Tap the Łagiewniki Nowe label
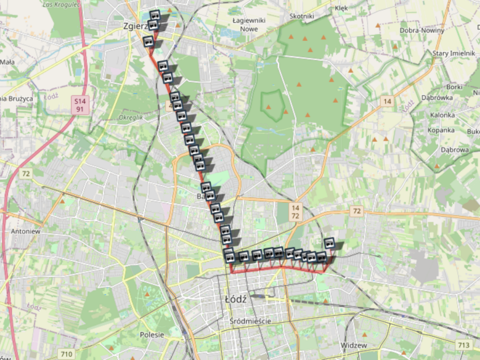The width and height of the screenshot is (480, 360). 245,25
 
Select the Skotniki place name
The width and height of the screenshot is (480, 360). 302,16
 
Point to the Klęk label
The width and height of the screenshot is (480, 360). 342,8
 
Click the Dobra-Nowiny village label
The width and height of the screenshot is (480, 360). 421,30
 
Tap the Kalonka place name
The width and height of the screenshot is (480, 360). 442,115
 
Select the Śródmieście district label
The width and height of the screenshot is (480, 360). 250,321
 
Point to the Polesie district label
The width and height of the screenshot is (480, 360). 152,334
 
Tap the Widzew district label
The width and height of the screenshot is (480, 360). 354,346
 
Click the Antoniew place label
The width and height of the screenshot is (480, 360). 25,231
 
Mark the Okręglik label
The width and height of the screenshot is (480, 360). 131,117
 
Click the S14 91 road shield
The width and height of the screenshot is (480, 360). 80,105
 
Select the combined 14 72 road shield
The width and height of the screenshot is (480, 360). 296,212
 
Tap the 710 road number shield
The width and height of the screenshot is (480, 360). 67,353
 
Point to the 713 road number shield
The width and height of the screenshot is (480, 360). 464,345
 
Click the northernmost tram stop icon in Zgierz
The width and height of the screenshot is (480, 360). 155,15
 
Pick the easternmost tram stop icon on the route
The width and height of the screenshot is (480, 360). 329,243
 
